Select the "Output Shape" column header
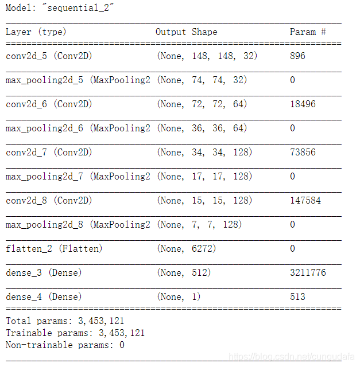(186, 32)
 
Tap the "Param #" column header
(308, 32)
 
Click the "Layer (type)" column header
(36, 32)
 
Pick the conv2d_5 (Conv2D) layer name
(49, 56)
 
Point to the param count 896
(297, 56)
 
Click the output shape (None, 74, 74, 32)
(202, 80)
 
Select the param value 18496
(303, 104)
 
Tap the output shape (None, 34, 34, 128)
(204, 153)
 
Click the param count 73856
(303, 153)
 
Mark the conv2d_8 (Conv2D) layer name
(49, 201)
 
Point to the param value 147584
(305, 201)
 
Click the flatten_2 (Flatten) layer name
(54, 249)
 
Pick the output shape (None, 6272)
(186, 249)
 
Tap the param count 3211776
(308, 273)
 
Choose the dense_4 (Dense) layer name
(44, 297)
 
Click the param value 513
(297, 297)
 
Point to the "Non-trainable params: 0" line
(65, 345)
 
